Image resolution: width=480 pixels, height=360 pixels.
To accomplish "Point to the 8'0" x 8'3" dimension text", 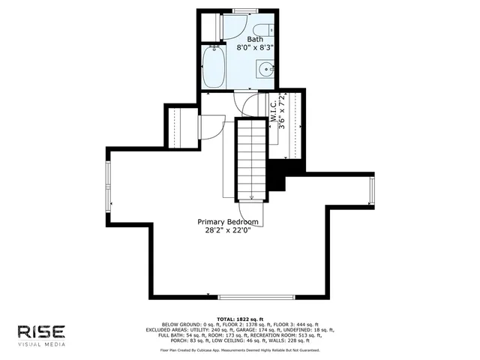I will (x=255, y=46).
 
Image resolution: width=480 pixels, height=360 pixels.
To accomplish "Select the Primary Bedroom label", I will (x=228, y=222).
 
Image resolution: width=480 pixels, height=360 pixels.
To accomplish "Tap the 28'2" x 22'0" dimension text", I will (x=228, y=231).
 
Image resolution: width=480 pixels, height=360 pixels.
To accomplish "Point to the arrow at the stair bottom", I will (x=252, y=197).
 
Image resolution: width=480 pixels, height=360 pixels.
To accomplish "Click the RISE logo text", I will (x=42, y=331).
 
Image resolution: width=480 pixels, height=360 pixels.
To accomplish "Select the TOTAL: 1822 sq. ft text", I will (x=239, y=319).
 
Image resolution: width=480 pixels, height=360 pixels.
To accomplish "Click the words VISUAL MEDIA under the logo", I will (x=42, y=345).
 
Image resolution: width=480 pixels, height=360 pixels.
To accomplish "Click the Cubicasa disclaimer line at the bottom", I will (x=239, y=350).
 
